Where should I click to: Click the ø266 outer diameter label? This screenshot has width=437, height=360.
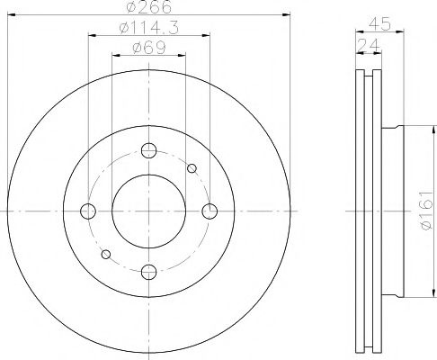148,7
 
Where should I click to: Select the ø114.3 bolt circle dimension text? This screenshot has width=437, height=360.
148,29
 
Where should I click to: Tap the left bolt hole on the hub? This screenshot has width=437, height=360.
88,211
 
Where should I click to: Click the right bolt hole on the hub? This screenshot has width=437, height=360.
210,211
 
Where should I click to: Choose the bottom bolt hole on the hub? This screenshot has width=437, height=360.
148,271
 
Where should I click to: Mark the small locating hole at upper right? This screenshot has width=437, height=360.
191,168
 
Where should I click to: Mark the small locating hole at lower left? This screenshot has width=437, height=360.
106,255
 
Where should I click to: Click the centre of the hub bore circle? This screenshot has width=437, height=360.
148,211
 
